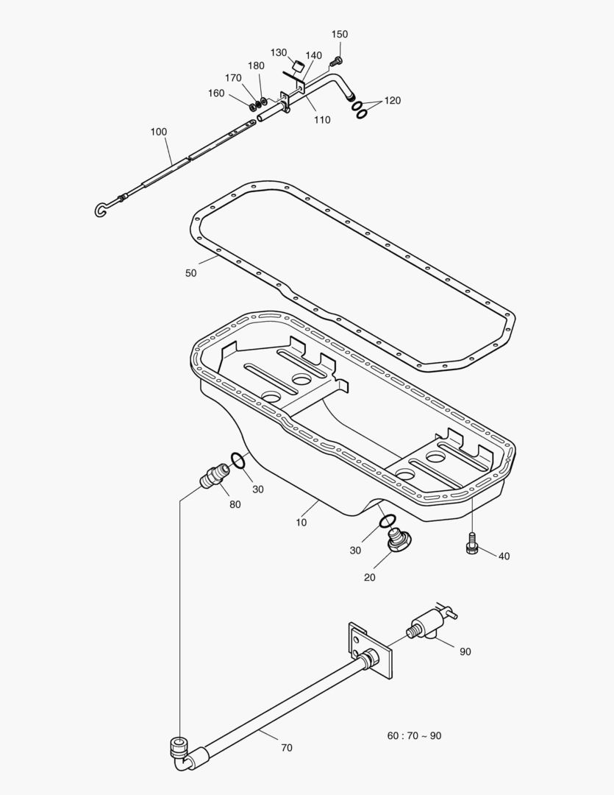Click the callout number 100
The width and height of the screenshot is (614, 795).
coord(159,132)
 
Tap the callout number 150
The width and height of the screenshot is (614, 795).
coord(339,35)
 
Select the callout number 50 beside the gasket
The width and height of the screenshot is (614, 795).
coord(191,273)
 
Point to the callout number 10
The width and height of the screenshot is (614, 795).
coord(301,523)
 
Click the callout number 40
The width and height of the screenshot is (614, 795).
coord(504,556)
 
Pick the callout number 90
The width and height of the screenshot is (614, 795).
coord(465,651)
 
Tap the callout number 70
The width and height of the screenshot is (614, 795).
coord(286,748)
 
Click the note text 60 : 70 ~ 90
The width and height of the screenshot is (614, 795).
coord(415,735)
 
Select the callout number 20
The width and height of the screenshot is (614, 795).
coord(369,578)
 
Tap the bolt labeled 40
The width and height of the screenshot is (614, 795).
coord(471,544)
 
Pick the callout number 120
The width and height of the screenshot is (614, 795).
coord(393,101)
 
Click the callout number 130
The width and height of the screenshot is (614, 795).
coord(279,53)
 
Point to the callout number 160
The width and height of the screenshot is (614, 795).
coord(216,93)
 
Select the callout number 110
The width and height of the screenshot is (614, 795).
coord(322,120)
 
